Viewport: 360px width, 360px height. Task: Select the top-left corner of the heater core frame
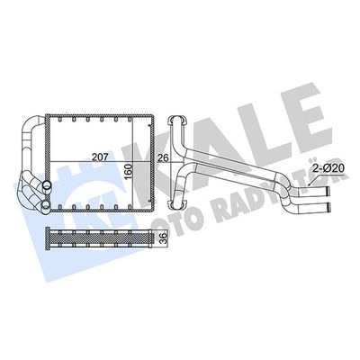click(50, 116)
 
